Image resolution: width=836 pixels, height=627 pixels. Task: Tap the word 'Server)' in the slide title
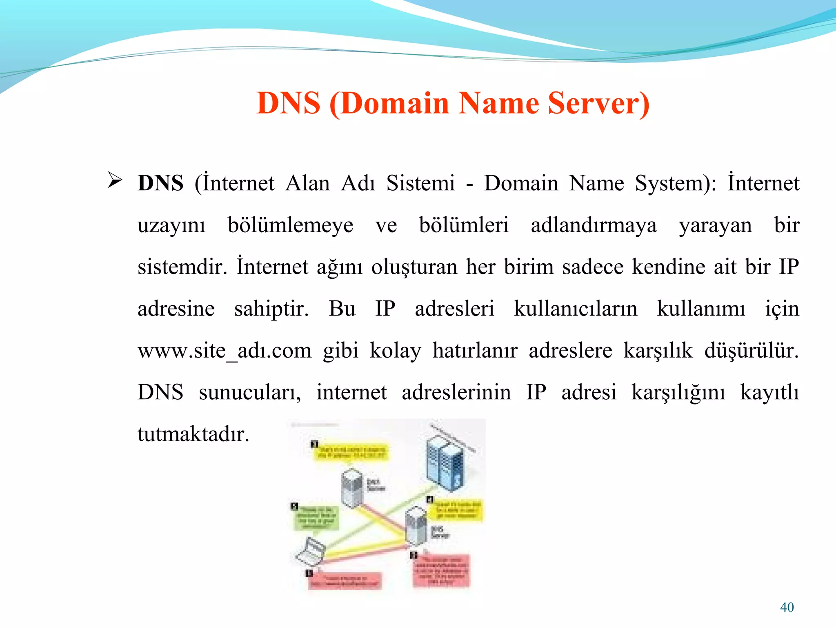[598, 103]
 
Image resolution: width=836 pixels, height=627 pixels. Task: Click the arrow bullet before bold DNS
[115, 180]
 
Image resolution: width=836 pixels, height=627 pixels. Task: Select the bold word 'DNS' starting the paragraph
[160, 183]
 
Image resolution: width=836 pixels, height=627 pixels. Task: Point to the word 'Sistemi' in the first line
[420, 183]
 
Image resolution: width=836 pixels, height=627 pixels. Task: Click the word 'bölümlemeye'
[290, 225]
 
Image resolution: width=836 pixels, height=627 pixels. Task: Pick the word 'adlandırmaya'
[594, 225]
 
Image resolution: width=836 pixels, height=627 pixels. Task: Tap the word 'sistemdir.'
[182, 267]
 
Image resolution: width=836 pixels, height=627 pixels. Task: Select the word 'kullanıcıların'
[575, 309]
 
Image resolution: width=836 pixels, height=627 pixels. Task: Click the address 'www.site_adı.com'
[225, 351]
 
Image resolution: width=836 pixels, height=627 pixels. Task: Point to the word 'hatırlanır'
[475, 351]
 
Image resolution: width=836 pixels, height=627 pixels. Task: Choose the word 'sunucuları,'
[250, 392]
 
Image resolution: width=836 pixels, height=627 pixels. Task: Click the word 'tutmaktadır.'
[193, 434]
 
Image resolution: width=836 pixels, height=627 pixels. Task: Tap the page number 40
[787, 607]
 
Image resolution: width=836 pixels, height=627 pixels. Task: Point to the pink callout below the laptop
[344, 581]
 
